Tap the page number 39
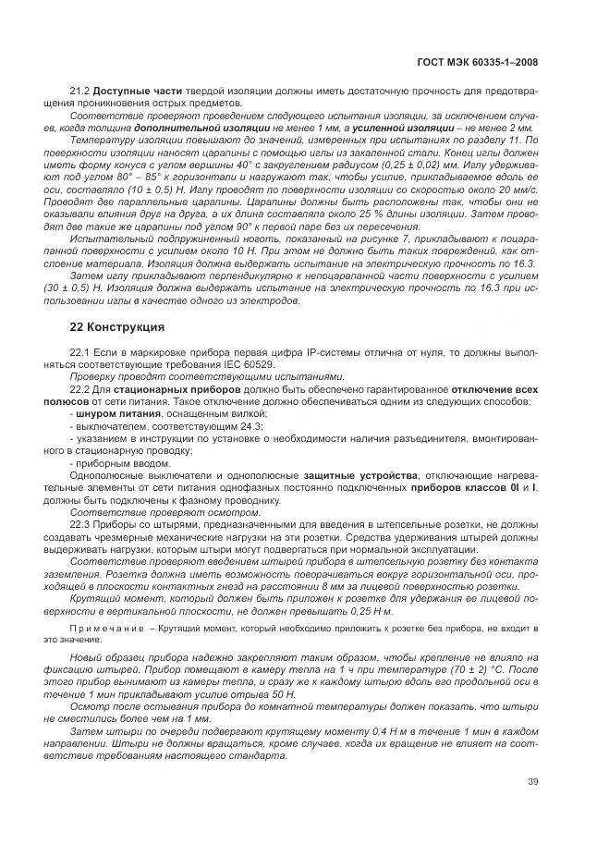531,783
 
